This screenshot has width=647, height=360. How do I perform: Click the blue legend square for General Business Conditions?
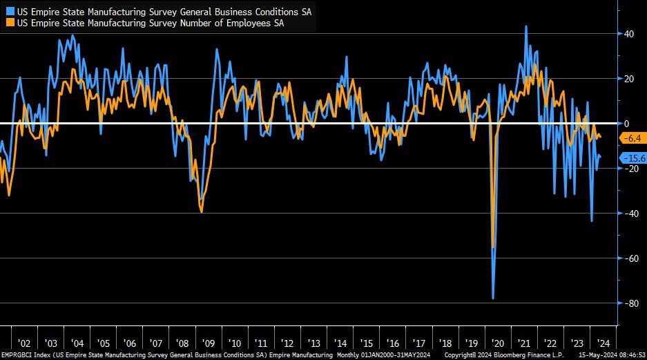point(8,12)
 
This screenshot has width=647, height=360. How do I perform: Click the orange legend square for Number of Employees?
point(8,23)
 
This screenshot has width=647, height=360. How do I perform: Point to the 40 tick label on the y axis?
point(629,34)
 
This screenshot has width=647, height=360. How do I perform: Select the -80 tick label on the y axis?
point(628,303)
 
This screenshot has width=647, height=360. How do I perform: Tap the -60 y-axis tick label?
point(628,258)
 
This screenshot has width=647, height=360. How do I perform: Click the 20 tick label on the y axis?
point(629,79)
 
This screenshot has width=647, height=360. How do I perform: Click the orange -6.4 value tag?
point(632,138)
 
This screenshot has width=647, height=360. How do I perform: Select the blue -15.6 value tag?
point(633,158)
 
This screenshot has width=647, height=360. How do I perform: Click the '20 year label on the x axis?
point(496,343)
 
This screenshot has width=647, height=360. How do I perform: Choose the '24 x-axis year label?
point(601,343)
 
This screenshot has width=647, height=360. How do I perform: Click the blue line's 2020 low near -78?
point(493,299)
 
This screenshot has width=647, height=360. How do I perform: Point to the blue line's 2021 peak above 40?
point(526,26)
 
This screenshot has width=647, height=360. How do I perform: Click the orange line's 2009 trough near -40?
point(202,212)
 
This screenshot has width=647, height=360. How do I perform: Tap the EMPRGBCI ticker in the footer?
point(17,354)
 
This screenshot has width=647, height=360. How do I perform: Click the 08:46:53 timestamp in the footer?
point(630,354)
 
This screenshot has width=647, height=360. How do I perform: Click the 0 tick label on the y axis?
point(626,124)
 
